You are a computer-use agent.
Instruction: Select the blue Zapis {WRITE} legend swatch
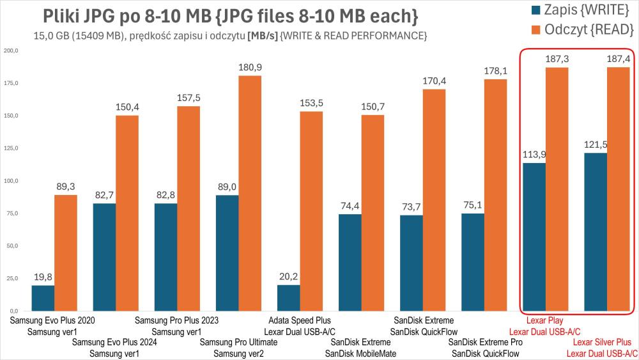pos(534,10)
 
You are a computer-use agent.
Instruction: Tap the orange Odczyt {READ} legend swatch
pos(534,29)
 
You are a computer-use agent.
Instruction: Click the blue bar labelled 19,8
pos(43,297)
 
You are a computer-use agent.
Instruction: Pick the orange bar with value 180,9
pos(250,192)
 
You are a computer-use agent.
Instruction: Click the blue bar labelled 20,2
pos(288,297)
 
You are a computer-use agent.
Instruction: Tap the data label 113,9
pos(534,155)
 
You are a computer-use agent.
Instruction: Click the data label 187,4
pos(619,59)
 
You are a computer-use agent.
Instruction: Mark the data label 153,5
pos(311,104)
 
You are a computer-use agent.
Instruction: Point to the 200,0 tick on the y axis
pos(11,51)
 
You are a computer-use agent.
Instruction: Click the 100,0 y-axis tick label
pos(11,180)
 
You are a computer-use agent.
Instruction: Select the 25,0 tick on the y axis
pos(12,278)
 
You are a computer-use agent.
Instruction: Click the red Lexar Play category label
pos(544,320)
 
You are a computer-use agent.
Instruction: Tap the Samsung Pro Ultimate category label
pos(238,343)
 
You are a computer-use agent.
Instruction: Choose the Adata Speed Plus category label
pos(300,320)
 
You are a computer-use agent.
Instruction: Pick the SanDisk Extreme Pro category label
pos(486,343)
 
